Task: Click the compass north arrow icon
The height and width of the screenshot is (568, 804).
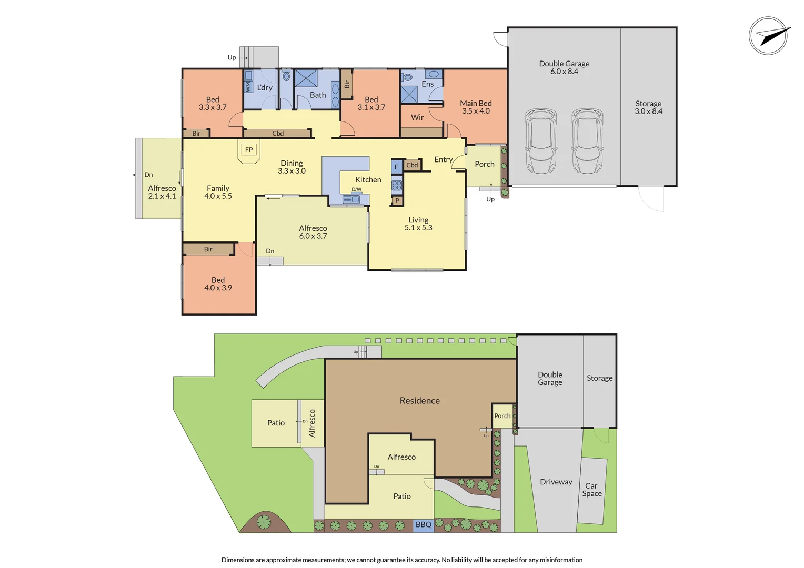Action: [x=769, y=36]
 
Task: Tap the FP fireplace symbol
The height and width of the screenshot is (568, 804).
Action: [x=249, y=150]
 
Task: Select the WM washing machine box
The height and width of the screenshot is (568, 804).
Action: [x=248, y=87]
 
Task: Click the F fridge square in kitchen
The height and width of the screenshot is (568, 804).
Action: [x=397, y=167]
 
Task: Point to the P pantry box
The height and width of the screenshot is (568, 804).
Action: [x=397, y=200]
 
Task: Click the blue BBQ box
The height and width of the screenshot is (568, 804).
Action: [x=424, y=525]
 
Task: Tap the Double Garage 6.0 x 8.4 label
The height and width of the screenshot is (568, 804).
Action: [x=564, y=67]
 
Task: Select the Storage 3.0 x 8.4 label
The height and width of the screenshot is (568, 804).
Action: [x=648, y=107]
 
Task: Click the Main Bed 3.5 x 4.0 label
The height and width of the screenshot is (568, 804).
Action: [x=476, y=107]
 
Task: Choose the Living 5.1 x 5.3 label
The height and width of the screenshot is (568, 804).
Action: [x=418, y=224]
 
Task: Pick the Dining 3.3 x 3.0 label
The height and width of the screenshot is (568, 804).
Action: [x=292, y=167]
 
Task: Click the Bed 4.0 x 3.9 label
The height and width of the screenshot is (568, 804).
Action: [x=218, y=284]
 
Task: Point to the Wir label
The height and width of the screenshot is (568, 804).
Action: [x=417, y=117]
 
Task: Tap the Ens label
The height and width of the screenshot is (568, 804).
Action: [x=428, y=84]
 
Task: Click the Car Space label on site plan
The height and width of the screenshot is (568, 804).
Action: [x=592, y=490]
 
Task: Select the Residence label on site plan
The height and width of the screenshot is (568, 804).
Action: [x=419, y=401]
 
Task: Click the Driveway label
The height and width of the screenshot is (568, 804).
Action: [x=556, y=482]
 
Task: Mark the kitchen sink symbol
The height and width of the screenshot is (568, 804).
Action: [x=351, y=199]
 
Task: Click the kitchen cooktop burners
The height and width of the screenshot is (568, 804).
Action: [x=397, y=185]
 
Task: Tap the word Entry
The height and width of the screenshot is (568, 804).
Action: [x=444, y=159]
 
